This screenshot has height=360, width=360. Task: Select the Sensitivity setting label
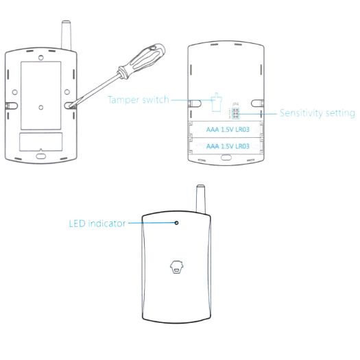[317, 113]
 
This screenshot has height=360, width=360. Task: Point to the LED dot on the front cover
[177, 223]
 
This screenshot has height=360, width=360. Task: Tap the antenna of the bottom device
[200, 195]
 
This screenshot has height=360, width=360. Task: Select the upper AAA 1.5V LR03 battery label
[226, 129]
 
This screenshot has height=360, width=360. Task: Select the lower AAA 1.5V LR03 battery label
[226, 146]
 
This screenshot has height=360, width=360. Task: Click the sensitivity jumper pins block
[235, 113]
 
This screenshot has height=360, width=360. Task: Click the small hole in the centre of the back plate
[41, 107]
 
